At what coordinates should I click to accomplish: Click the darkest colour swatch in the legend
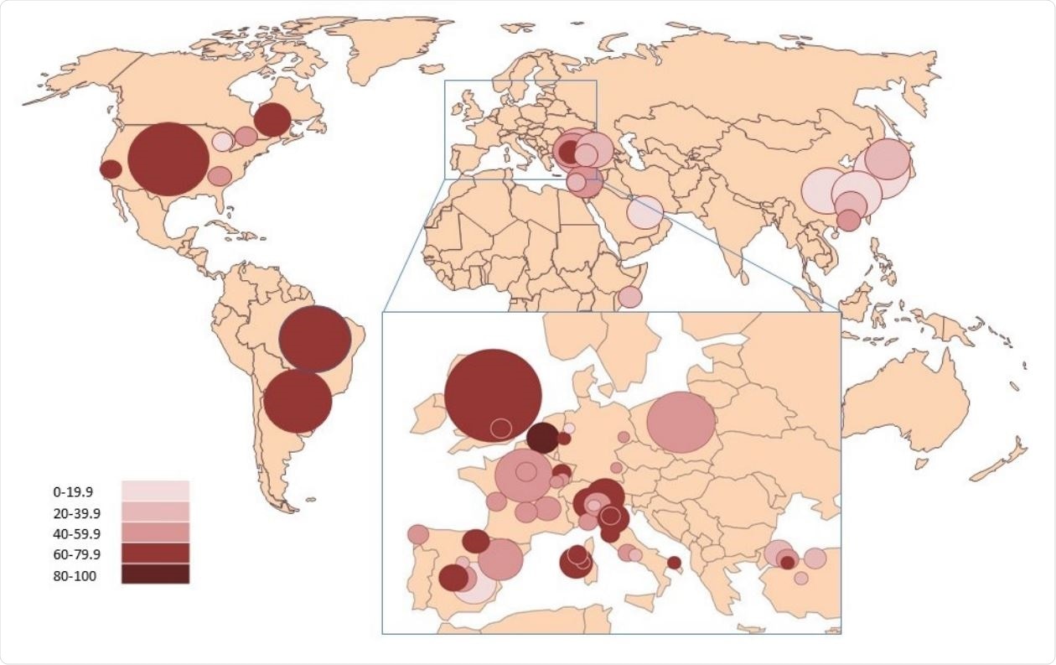click(155, 574)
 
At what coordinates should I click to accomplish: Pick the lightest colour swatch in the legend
click(155, 491)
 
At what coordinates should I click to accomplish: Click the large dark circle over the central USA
click(168, 159)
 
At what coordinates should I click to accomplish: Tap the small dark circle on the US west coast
click(111, 169)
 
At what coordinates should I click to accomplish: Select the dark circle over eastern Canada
click(272, 120)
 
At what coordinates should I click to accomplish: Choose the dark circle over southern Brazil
click(298, 402)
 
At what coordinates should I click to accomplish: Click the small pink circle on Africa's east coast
click(629, 297)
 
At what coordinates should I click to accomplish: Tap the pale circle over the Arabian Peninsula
click(645, 212)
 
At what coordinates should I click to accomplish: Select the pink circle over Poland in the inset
click(681, 423)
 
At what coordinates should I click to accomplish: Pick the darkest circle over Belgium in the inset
click(543, 438)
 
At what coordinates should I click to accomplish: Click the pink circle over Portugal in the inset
click(418, 534)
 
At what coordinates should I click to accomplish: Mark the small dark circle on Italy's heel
click(674, 563)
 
